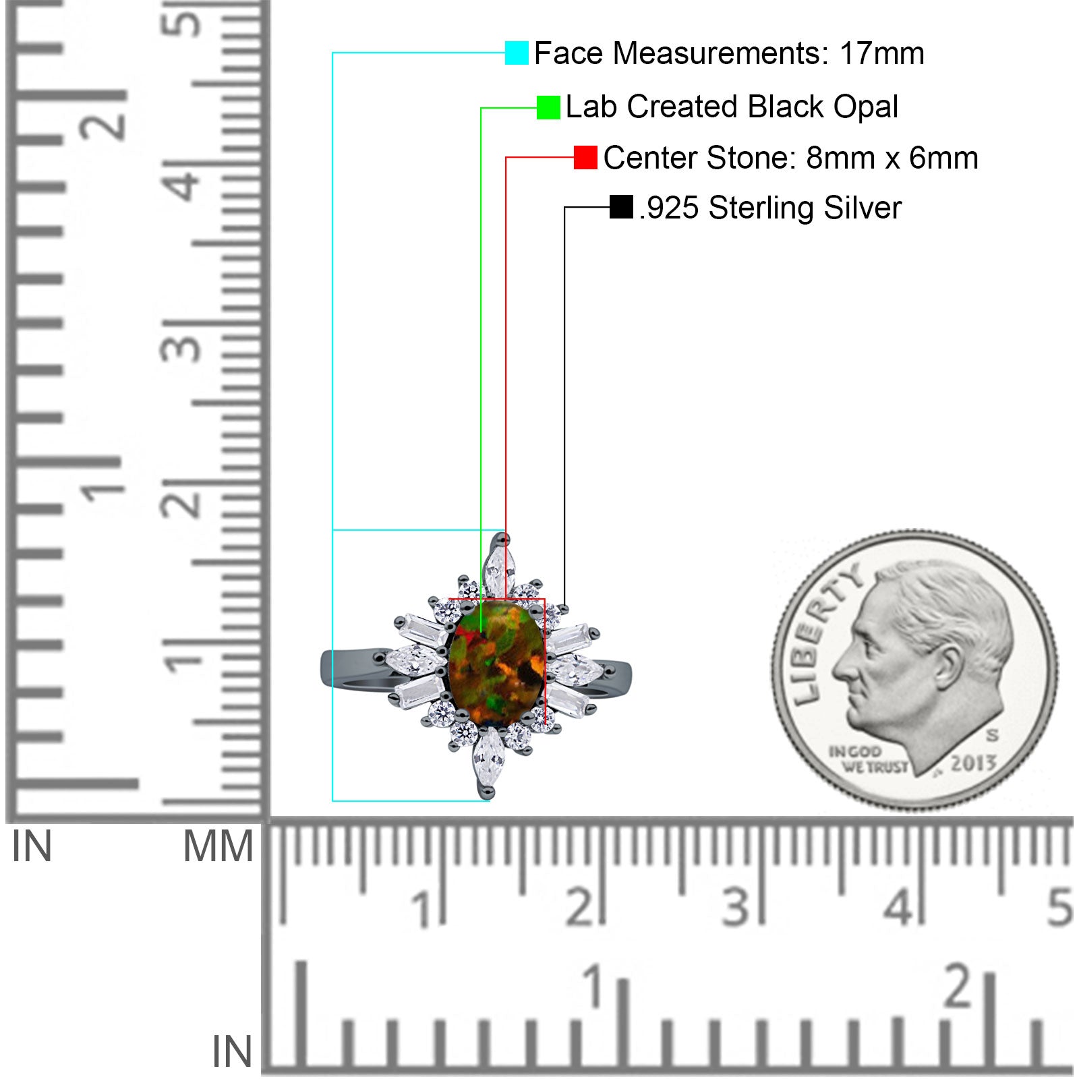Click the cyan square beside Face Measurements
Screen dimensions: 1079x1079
tap(517, 53)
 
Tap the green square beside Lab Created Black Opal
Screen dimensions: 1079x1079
tap(548, 107)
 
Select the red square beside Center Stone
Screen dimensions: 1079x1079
tap(585, 157)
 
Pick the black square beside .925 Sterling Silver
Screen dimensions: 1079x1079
tap(621, 207)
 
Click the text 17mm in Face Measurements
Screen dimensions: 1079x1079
tap(881, 53)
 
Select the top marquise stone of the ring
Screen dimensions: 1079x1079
tap(496, 573)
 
